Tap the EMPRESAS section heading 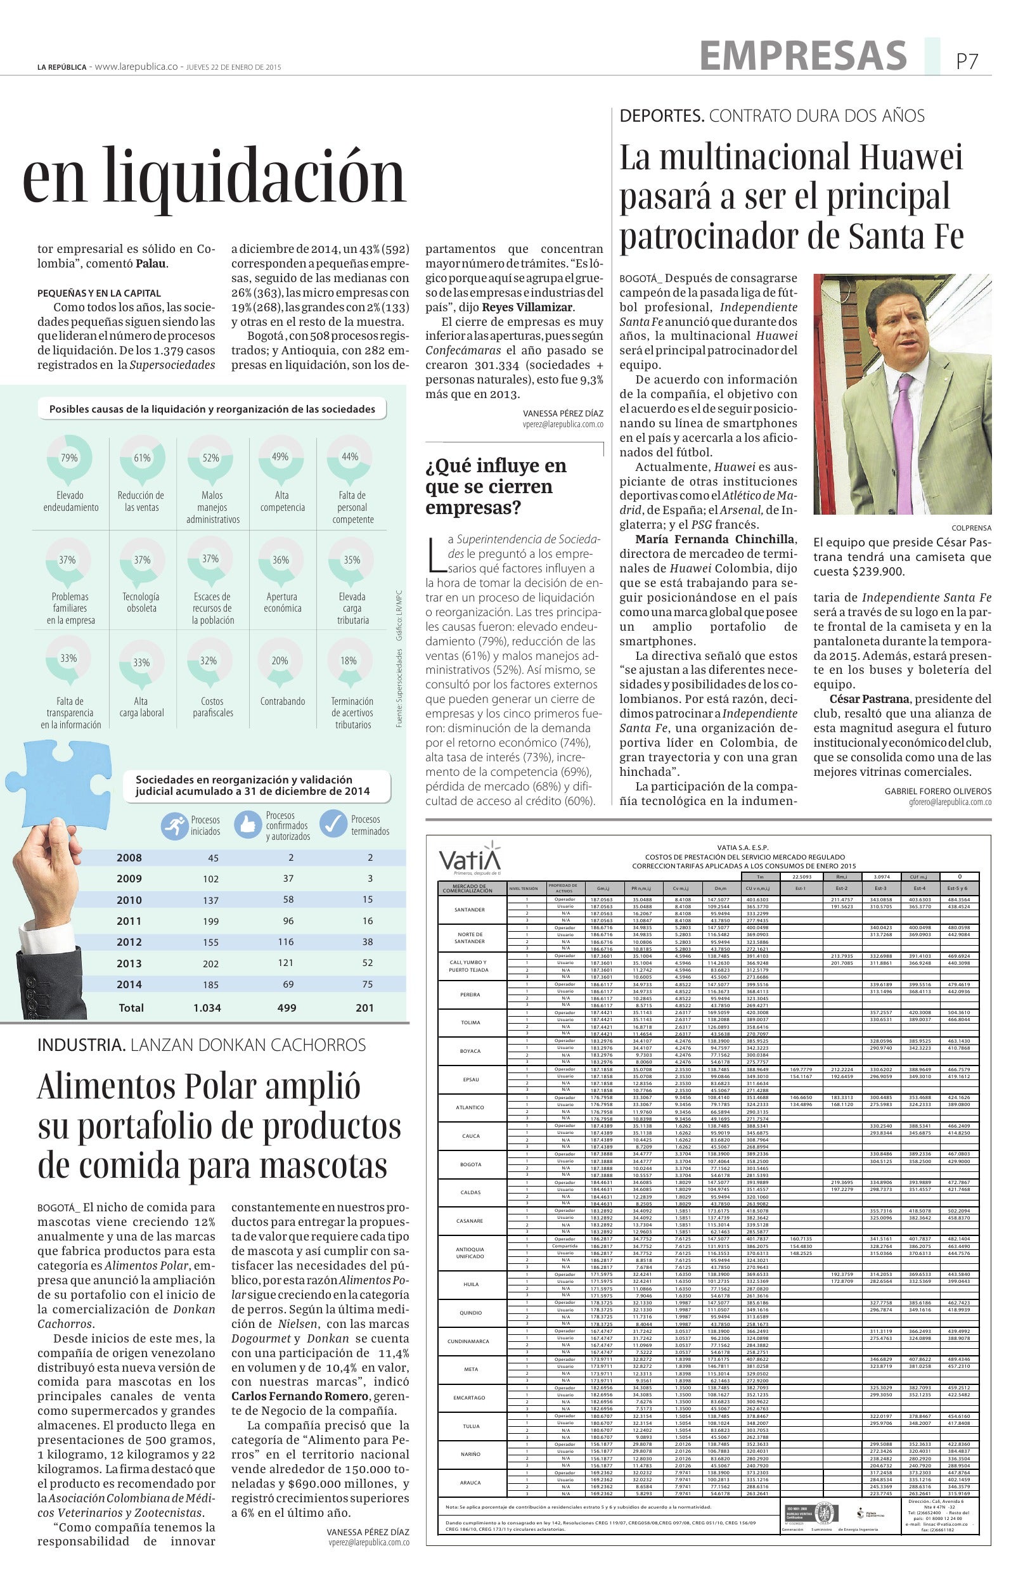(803, 55)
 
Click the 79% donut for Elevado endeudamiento (69, 458)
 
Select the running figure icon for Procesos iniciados (174, 826)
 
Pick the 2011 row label (129, 921)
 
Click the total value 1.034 (207, 1008)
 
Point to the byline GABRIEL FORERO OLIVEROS (937, 790)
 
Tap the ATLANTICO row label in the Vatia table (470, 1107)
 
